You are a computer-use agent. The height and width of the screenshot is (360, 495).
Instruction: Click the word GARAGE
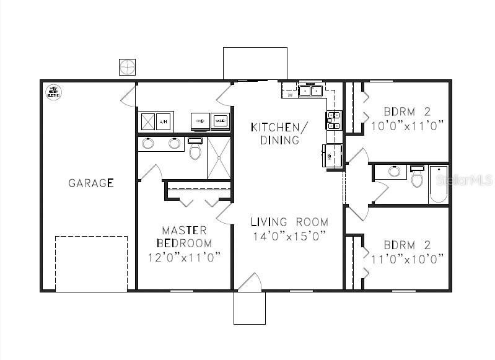click(x=90, y=183)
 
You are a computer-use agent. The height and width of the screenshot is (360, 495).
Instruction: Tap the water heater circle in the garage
click(x=54, y=92)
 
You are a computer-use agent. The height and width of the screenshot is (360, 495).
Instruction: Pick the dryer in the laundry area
click(x=200, y=121)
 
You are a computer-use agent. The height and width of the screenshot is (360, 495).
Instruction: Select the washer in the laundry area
click(x=220, y=121)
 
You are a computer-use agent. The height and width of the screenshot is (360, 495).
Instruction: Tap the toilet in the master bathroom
click(x=195, y=149)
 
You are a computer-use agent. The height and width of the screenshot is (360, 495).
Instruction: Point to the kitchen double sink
click(x=310, y=91)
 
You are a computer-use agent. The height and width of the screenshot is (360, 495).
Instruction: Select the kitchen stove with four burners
click(x=333, y=120)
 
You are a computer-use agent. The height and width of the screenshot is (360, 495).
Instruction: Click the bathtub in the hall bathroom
click(x=439, y=185)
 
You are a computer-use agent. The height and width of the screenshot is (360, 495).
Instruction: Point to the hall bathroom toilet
click(x=417, y=177)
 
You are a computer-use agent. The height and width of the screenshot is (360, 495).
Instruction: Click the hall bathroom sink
click(x=393, y=171)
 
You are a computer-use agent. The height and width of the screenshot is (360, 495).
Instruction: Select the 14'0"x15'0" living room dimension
click(x=289, y=236)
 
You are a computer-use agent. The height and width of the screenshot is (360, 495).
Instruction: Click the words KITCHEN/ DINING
click(x=279, y=133)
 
